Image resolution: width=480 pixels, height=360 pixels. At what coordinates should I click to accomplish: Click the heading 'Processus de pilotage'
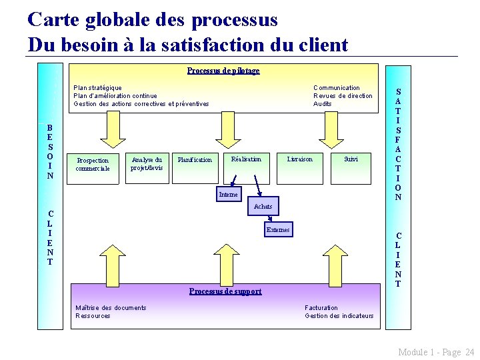(x=223, y=71)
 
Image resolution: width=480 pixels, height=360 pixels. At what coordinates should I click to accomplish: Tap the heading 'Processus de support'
(x=225, y=291)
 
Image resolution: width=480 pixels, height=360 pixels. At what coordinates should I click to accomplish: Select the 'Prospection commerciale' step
(x=92, y=164)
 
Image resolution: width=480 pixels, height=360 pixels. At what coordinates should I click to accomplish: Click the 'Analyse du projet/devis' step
(x=147, y=163)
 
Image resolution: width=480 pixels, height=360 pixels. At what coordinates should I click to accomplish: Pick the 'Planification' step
(x=195, y=160)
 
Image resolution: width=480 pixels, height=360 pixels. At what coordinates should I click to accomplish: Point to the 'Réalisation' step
(x=246, y=159)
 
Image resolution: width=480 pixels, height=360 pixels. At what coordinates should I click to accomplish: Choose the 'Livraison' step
(x=299, y=159)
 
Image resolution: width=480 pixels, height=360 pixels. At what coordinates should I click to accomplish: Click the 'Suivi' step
(x=351, y=159)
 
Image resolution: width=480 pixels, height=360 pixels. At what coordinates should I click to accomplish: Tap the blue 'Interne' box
(x=228, y=195)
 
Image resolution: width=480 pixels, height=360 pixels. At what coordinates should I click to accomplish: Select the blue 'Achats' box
(x=263, y=207)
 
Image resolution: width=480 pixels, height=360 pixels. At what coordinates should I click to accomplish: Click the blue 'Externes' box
(x=278, y=230)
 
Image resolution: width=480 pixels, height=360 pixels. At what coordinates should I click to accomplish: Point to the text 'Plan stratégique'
(x=97, y=88)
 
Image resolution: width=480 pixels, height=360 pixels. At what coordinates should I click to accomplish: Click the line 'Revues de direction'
(x=343, y=96)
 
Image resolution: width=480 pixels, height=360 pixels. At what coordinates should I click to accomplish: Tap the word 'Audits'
(x=323, y=104)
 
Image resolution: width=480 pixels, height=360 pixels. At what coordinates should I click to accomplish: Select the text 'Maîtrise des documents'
(x=111, y=308)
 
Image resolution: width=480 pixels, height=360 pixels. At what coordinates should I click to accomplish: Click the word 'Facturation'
(x=321, y=308)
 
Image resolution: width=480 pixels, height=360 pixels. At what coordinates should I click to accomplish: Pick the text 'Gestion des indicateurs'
(x=339, y=316)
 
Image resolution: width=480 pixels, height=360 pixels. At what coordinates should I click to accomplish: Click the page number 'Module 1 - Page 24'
(x=436, y=351)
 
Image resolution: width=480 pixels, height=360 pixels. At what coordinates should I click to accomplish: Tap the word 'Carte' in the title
(x=55, y=19)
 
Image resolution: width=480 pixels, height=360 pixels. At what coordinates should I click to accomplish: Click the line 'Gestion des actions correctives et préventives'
(x=141, y=104)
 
